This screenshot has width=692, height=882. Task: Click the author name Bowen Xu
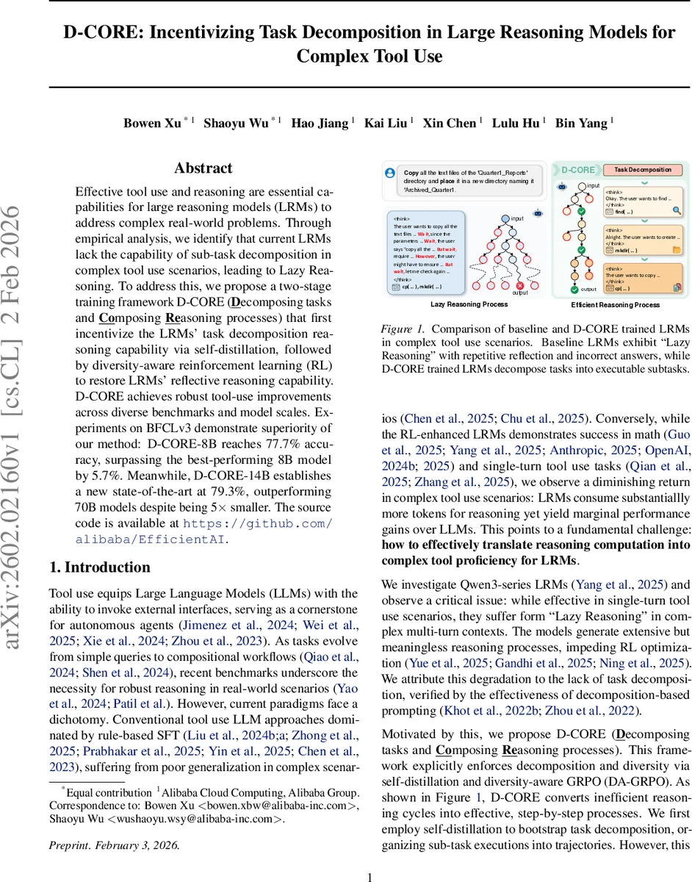click(x=151, y=123)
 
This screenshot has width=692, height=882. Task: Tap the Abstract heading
click(x=203, y=168)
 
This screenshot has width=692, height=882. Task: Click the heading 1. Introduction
click(x=99, y=567)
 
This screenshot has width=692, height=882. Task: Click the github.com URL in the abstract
click(x=257, y=523)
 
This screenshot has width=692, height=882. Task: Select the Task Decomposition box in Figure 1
click(x=643, y=169)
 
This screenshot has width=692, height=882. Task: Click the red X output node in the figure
click(x=520, y=285)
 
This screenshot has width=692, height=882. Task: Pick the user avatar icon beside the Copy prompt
click(x=389, y=173)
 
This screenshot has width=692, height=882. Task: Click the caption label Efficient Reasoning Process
click(x=615, y=304)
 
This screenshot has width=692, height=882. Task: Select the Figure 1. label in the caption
click(x=401, y=329)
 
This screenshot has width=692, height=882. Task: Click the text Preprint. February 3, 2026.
click(x=114, y=824)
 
